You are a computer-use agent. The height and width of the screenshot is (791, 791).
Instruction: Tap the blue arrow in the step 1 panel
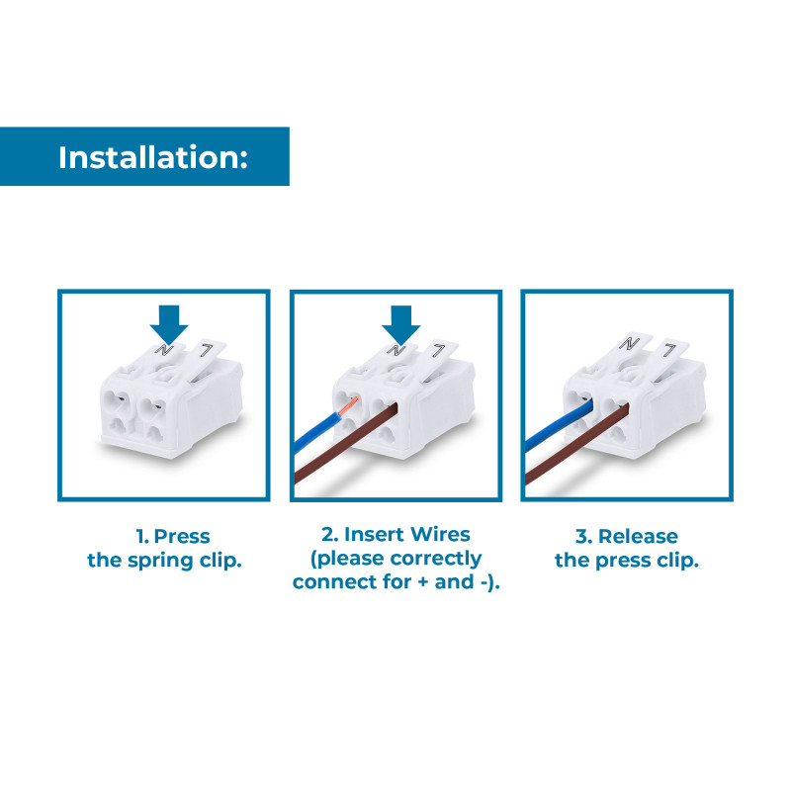pyautogui.click(x=169, y=324)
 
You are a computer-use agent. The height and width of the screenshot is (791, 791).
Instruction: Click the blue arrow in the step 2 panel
pyautogui.click(x=401, y=324)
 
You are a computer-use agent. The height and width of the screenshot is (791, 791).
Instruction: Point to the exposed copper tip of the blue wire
pyautogui.click(x=349, y=405)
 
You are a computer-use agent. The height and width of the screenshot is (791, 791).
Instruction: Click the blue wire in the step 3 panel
pyautogui.click(x=559, y=424)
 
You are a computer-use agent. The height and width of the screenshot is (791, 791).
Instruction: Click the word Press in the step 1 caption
pyautogui.click(x=182, y=536)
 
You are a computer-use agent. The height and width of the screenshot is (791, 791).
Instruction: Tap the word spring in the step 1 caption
pyautogui.click(x=160, y=561)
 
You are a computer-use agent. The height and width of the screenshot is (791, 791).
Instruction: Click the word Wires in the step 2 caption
pyautogui.click(x=439, y=534)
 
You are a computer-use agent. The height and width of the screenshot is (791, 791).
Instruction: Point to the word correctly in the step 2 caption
pyautogui.click(x=436, y=559)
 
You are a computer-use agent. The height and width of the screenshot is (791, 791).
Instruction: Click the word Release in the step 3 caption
pyautogui.click(x=638, y=536)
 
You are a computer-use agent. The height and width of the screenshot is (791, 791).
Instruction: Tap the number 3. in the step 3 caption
pyautogui.click(x=584, y=536)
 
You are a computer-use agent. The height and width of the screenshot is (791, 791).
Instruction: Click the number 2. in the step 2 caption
pyautogui.click(x=330, y=534)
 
